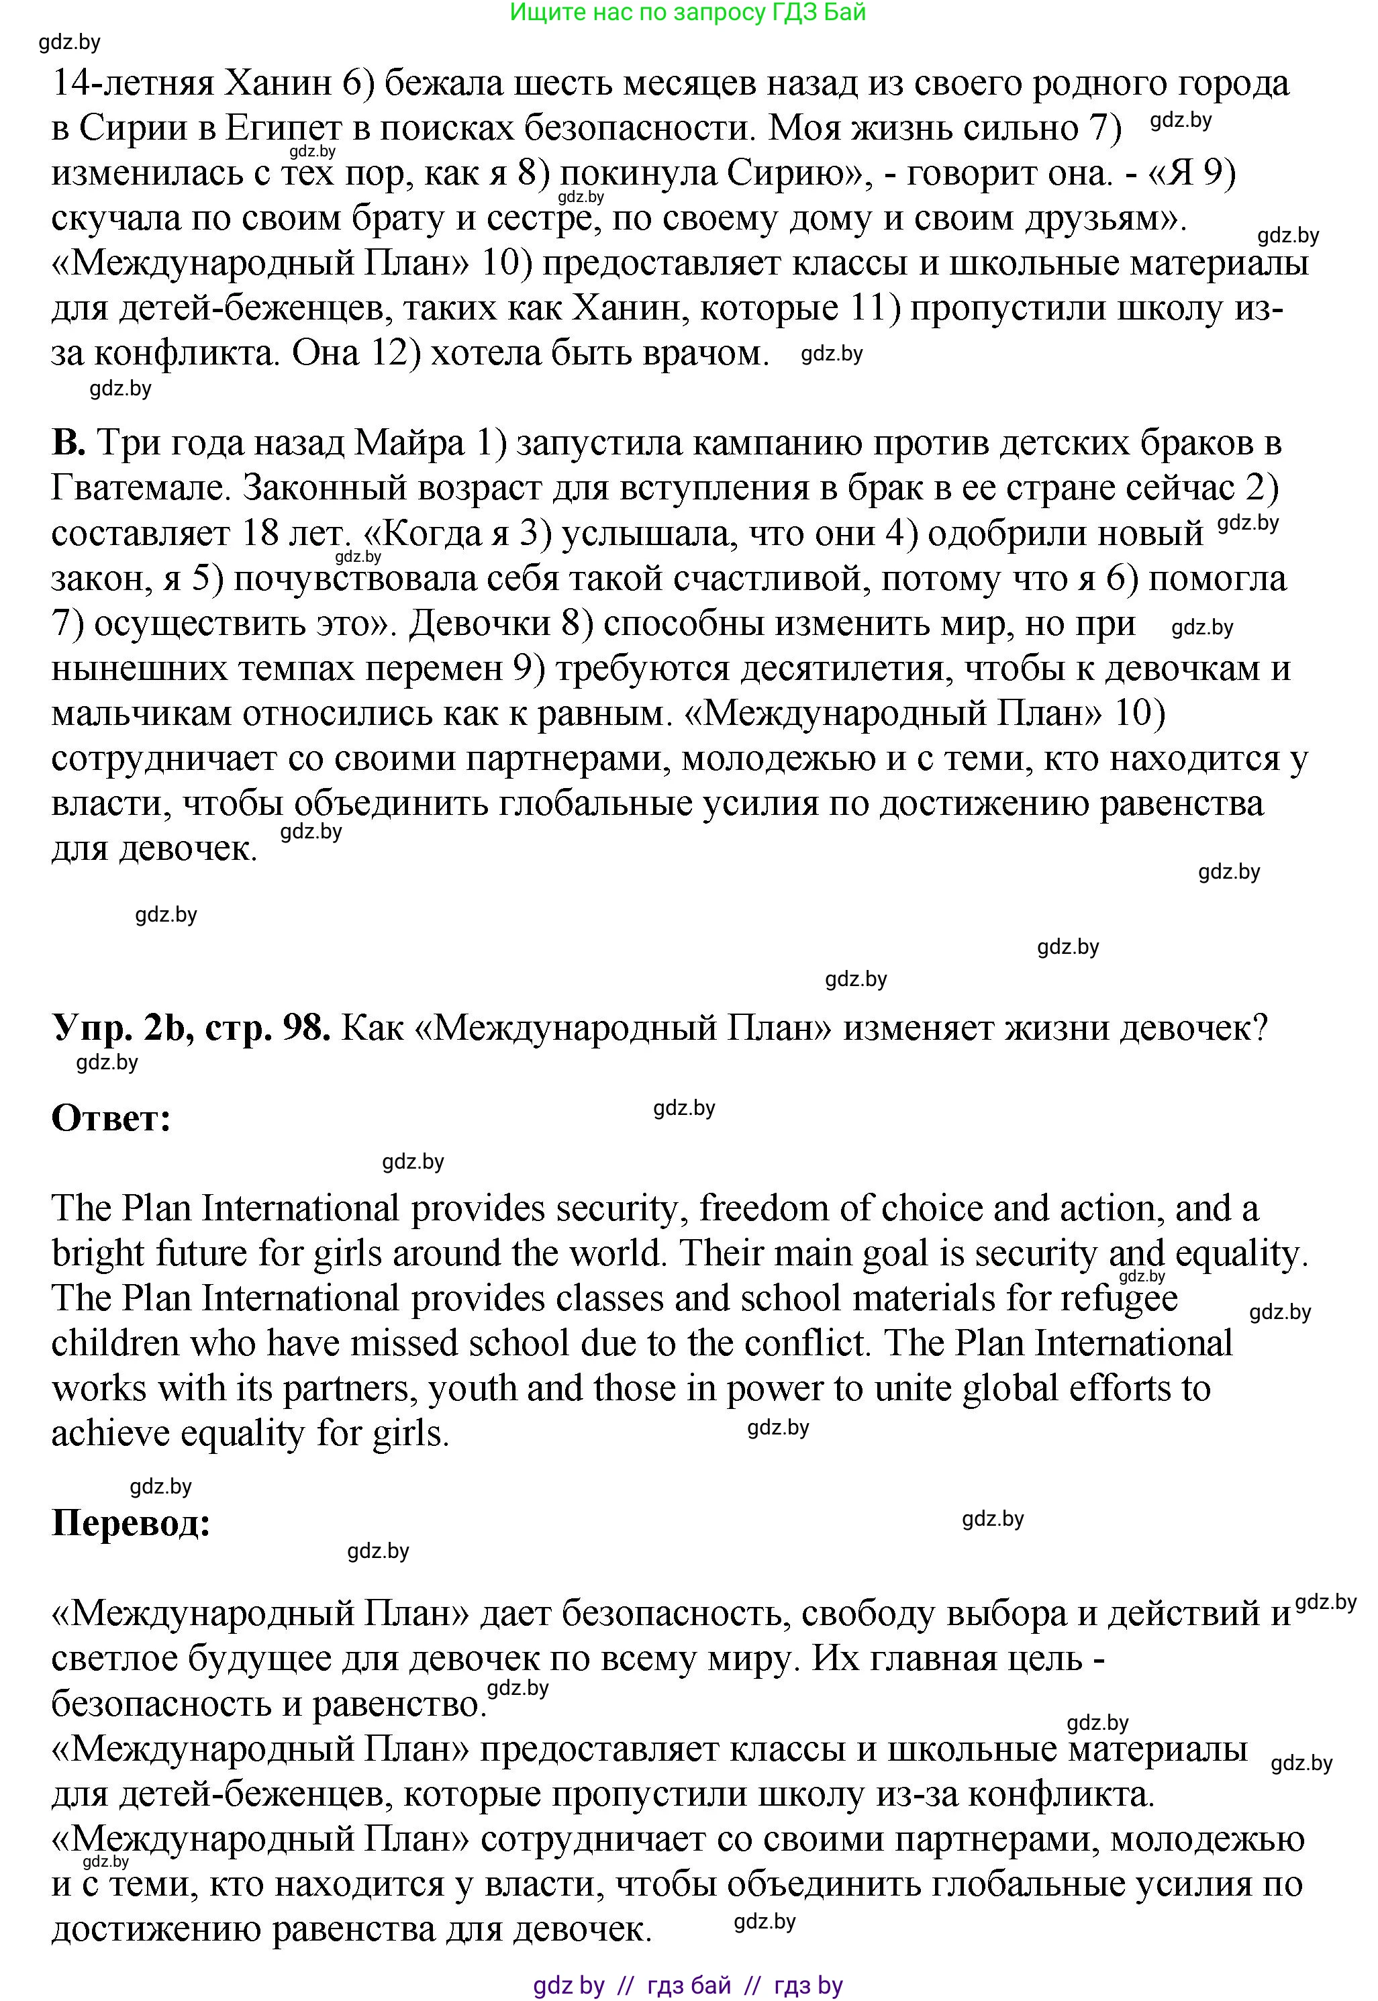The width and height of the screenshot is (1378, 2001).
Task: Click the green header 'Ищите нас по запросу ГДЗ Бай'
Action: tap(687, 12)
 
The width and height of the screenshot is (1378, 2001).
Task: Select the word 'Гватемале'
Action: tap(140, 488)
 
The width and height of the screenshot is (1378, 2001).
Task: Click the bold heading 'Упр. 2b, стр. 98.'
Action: tap(191, 1027)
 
